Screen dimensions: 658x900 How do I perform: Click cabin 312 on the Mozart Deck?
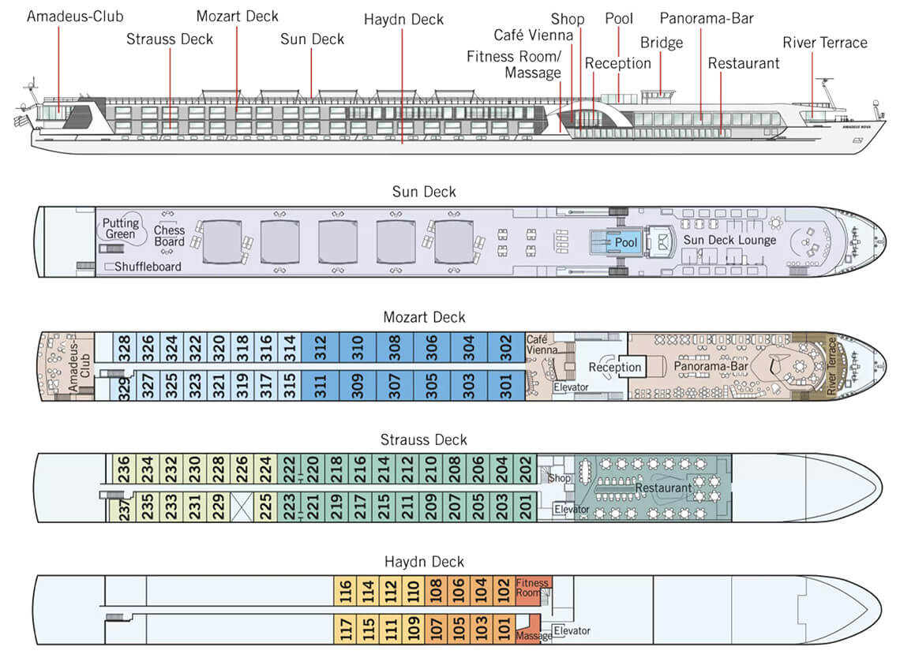tap(320, 347)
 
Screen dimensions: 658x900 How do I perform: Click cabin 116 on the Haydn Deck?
tap(345, 590)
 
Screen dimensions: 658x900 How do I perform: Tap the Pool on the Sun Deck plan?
tap(626, 243)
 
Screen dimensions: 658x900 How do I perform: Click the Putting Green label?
tap(120, 228)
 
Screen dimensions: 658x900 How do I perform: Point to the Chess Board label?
tap(169, 236)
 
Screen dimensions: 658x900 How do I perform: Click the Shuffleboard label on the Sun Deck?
tap(148, 267)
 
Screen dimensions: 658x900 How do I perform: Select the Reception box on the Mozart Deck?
tap(615, 368)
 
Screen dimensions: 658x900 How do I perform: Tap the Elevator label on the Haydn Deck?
tap(572, 630)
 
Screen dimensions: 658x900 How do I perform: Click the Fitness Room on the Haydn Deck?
tap(531, 588)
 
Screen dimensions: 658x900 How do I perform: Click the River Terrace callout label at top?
tap(825, 43)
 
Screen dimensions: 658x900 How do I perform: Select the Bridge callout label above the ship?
tap(662, 43)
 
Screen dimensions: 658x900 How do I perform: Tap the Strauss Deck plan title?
tap(424, 439)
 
